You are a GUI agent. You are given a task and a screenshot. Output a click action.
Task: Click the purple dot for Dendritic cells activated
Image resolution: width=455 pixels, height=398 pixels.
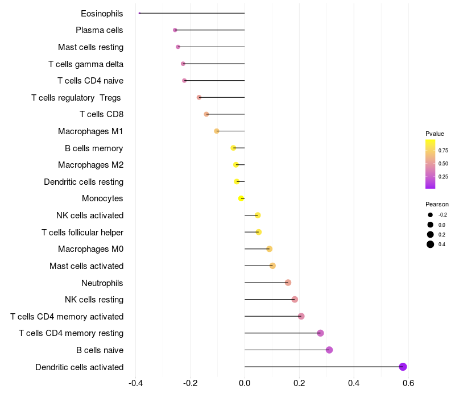point(403,367)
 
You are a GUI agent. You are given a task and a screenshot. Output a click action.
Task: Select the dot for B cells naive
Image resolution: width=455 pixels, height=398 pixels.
point(329,350)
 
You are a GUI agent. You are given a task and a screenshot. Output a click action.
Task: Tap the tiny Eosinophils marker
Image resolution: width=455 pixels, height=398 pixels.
point(139,13)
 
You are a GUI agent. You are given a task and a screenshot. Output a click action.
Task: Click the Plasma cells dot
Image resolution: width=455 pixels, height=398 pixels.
point(175,30)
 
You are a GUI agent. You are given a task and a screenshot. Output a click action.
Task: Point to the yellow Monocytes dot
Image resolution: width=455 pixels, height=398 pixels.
point(241,198)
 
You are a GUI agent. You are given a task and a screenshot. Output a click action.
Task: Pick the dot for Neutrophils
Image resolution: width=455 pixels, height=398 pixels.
point(288,283)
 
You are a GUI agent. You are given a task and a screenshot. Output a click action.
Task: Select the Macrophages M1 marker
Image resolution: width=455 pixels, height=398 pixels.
point(217,131)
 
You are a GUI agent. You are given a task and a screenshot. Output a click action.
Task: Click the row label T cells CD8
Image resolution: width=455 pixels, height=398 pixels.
point(101,114)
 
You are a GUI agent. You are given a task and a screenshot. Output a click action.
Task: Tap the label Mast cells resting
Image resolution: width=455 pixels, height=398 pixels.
point(90,47)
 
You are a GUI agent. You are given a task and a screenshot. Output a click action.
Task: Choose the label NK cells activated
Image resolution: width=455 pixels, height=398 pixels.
point(90,215)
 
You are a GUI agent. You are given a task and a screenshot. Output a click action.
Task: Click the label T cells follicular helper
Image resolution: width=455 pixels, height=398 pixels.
point(82,233)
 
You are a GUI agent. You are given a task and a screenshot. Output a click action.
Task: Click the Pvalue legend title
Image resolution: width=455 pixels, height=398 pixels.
point(435,134)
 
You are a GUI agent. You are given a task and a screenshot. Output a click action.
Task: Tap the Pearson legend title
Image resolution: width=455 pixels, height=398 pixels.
point(437,204)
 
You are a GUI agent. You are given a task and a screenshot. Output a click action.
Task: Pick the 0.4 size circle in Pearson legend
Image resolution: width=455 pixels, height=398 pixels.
point(431,244)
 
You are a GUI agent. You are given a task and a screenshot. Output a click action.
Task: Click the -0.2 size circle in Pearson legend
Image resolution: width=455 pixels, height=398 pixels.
point(431,215)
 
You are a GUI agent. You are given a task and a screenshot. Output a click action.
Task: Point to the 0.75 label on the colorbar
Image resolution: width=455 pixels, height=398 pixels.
point(443,150)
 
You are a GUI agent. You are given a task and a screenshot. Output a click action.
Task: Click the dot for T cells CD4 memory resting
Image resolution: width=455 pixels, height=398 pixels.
point(320,333)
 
